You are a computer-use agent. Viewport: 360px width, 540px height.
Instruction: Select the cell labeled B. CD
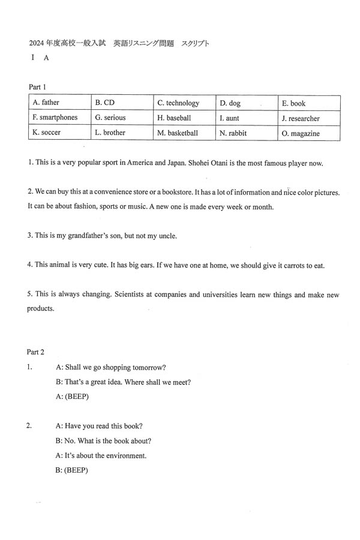[122, 103]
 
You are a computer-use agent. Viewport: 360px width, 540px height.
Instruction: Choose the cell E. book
[309, 103]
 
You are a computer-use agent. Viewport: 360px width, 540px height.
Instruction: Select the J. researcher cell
[309, 118]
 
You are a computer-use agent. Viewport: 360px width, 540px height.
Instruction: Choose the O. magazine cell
[309, 133]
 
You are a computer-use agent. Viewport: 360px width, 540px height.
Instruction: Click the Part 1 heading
[37, 86]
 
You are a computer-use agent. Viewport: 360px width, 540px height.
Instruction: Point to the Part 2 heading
[37, 352]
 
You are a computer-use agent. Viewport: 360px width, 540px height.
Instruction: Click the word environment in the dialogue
[125, 455]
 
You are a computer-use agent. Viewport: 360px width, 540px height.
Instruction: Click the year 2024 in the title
[37, 43]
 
